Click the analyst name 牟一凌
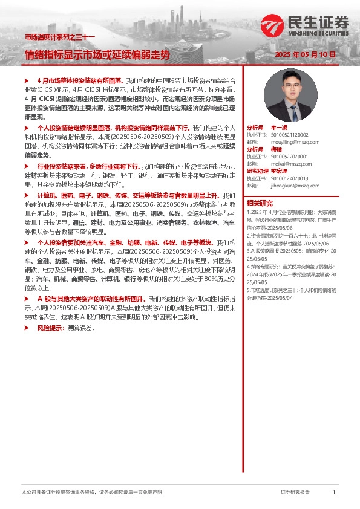tap(279, 128)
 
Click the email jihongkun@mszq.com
tap(289, 185)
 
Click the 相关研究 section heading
tap(260, 203)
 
